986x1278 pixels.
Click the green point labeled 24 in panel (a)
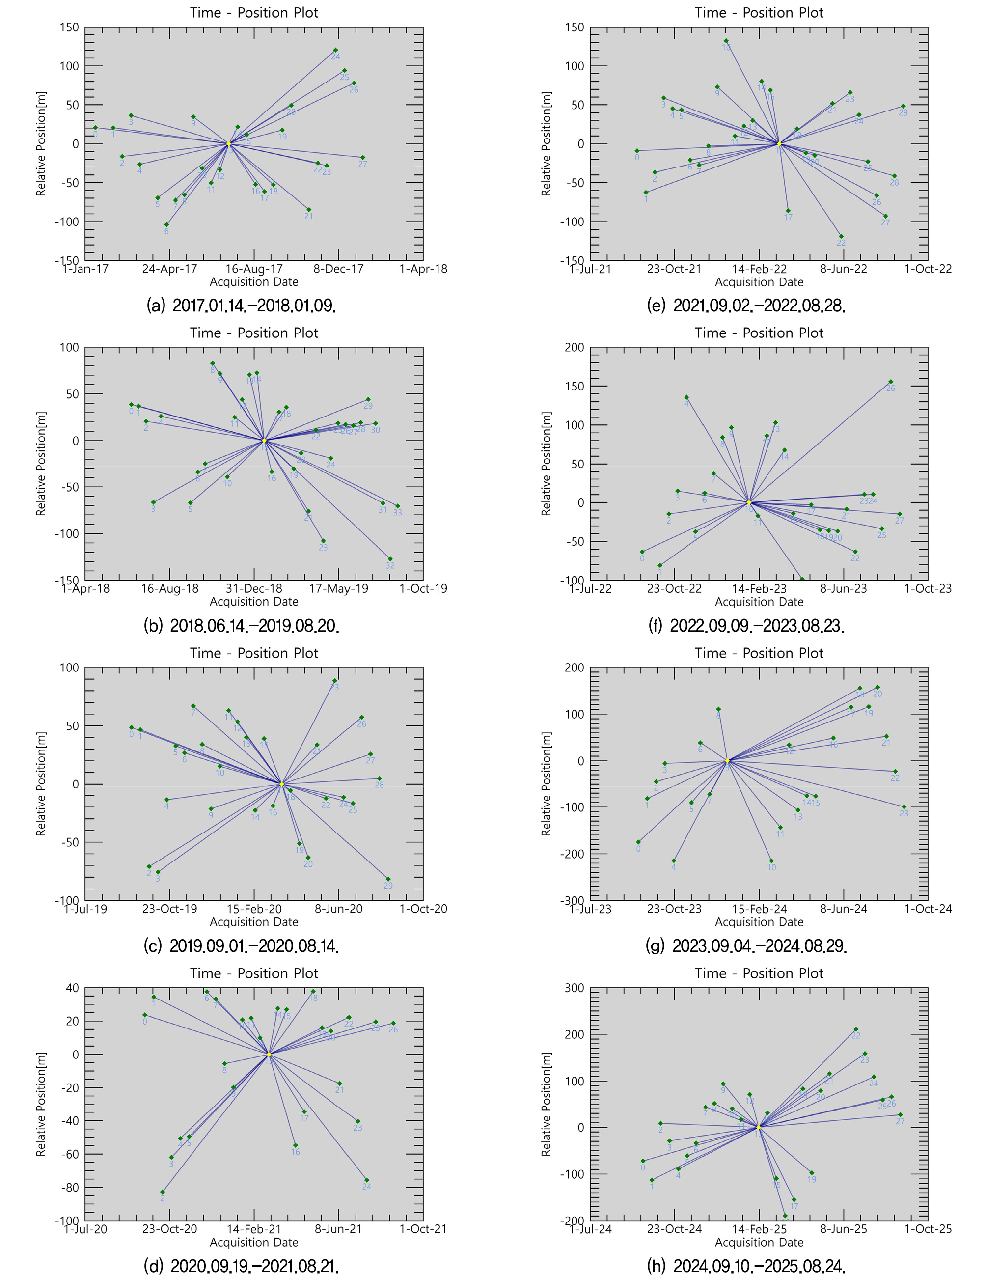click(x=335, y=50)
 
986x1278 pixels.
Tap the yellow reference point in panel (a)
click(x=229, y=144)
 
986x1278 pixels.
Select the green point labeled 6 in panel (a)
click(x=166, y=224)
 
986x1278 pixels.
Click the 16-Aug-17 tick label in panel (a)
click(x=254, y=269)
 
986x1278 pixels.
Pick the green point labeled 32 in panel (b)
click(x=390, y=559)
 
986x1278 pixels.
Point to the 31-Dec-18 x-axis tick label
click(x=254, y=589)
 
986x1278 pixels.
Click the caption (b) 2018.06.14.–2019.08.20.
click(x=241, y=626)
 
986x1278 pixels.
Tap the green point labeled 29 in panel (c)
click(x=388, y=879)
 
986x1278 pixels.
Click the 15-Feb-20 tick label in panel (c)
click(x=254, y=909)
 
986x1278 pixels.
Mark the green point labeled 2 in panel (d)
click(x=163, y=1192)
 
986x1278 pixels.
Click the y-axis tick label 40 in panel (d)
click(x=72, y=988)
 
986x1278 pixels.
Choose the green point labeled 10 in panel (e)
click(x=726, y=41)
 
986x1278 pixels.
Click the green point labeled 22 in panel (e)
click(x=841, y=236)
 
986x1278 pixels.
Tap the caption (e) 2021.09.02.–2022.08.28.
click(x=746, y=306)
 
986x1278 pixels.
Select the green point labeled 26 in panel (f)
click(x=891, y=382)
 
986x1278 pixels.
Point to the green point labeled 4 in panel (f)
click(x=686, y=397)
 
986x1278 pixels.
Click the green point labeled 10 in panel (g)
click(x=771, y=861)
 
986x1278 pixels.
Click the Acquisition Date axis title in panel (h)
click(x=759, y=1242)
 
